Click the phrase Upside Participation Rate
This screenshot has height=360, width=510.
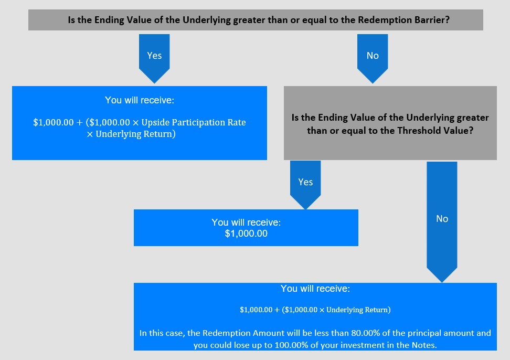pos(194,122)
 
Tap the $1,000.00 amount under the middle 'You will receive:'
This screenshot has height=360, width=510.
pos(246,234)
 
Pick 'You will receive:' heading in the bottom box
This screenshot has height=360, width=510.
pos(315,289)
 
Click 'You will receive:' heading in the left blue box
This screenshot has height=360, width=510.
pos(140,100)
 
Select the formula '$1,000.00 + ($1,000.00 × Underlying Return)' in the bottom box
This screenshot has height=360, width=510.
pos(315,310)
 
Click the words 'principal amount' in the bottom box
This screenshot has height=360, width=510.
pos(441,333)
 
